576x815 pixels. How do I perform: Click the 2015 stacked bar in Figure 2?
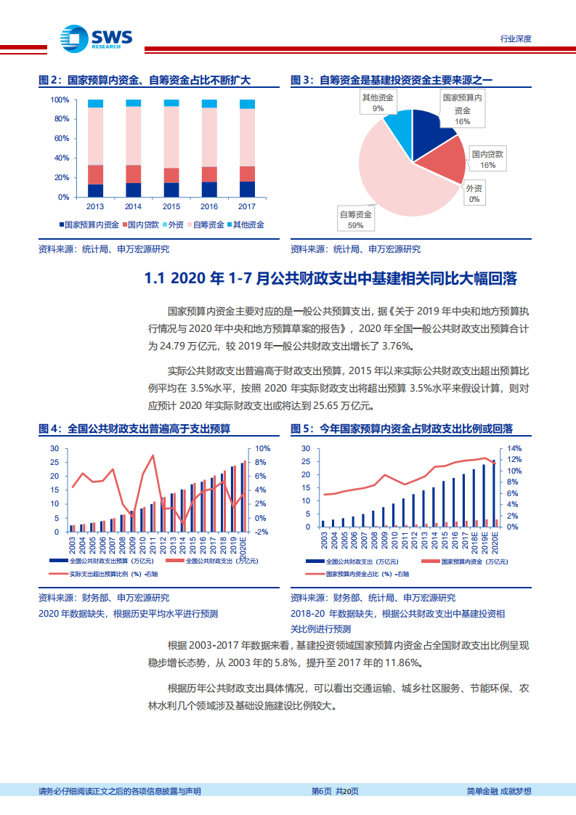(171, 148)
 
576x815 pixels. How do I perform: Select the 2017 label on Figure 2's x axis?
(247, 206)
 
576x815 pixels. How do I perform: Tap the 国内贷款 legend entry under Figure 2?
(142, 225)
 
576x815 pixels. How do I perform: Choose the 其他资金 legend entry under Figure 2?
(245, 225)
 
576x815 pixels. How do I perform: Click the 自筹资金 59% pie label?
(356, 219)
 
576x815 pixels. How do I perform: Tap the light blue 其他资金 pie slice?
(398, 123)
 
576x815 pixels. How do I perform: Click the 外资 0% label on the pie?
(474, 193)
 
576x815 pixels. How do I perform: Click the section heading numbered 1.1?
(330, 279)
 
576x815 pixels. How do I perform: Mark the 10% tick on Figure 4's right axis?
(263, 449)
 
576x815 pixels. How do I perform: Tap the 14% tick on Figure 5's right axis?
(514, 449)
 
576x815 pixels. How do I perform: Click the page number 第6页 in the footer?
(323, 791)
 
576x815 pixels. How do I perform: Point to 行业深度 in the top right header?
(516, 38)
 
